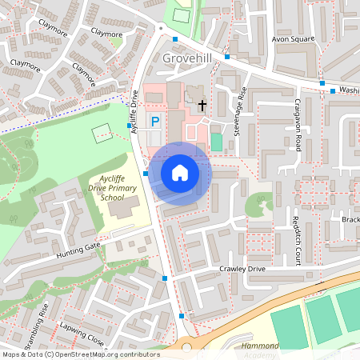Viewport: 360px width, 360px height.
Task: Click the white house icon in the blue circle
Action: click(x=180, y=173)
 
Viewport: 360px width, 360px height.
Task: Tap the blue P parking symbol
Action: click(x=156, y=121)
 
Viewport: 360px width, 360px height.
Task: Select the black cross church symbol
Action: click(x=202, y=105)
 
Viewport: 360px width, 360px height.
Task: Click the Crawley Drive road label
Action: click(x=242, y=269)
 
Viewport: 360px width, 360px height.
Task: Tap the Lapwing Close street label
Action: click(x=82, y=334)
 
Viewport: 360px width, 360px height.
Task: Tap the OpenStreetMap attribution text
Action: click(x=80, y=354)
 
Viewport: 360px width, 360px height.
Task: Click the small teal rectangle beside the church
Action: click(x=216, y=142)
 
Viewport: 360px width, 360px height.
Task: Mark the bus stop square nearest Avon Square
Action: click(x=322, y=82)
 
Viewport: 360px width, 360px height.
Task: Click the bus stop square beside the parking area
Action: click(x=129, y=126)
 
